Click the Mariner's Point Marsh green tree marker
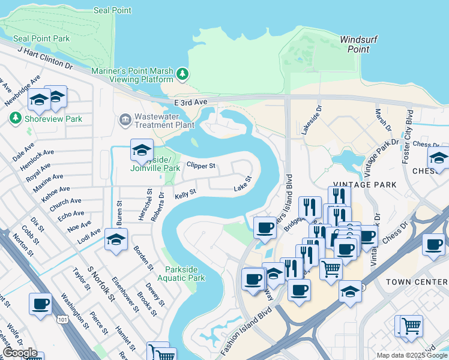click(x=182, y=75)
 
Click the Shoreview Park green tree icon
click(x=16, y=119)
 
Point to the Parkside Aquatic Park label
click(x=181, y=274)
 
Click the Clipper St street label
click(x=200, y=165)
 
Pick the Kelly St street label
click(x=185, y=195)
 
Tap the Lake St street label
click(x=242, y=189)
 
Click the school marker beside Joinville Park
click(x=142, y=150)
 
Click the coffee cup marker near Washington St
click(x=41, y=304)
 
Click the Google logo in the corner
click(x=20, y=353)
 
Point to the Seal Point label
click(x=113, y=10)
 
